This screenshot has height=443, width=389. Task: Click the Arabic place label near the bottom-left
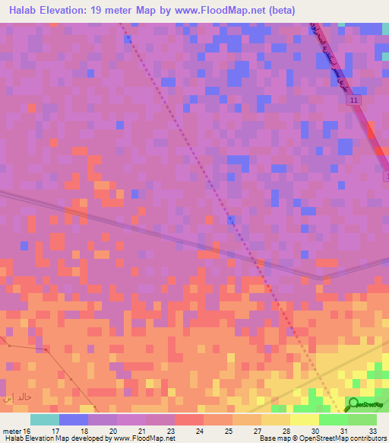click(16, 397)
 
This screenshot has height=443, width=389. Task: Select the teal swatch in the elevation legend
click(45, 419)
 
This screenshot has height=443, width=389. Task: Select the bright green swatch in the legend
click(334, 419)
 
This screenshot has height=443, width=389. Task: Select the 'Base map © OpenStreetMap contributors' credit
click(321, 438)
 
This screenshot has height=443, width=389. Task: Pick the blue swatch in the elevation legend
click(74, 419)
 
